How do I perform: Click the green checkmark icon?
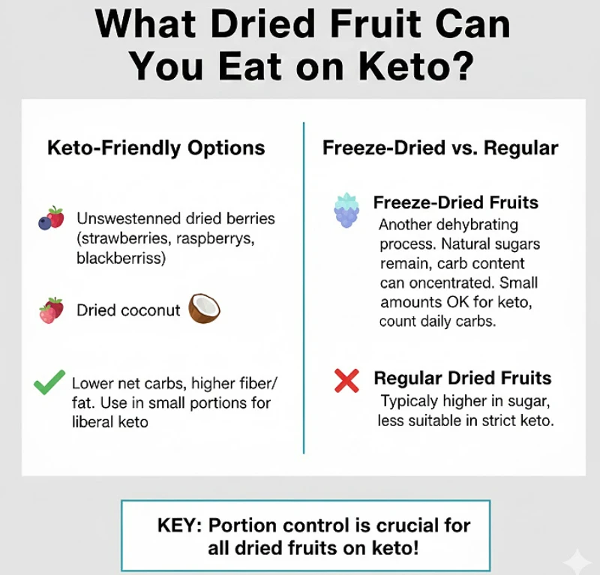point(50,385)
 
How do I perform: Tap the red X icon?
point(346,382)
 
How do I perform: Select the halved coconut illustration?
point(204,308)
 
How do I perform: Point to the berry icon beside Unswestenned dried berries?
point(51,218)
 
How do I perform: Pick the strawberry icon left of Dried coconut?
point(51,310)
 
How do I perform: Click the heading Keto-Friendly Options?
point(156,148)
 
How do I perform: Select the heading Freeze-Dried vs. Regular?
point(440,148)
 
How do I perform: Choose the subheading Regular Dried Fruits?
point(463,379)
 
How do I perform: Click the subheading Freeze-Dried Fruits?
point(456,203)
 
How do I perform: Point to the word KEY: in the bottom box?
point(180,525)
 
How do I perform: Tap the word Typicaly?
point(410,401)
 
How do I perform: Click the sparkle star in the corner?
point(577,559)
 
